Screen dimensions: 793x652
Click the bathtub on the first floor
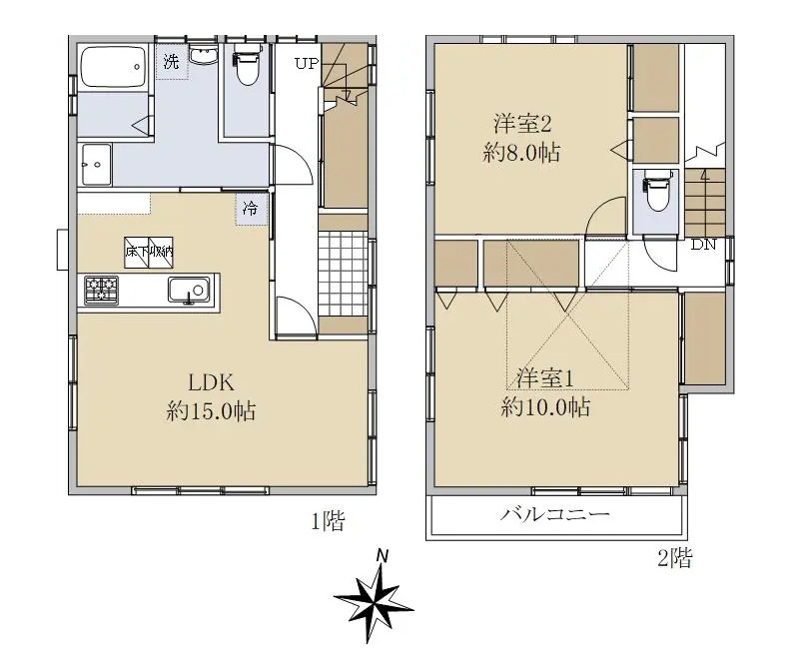[x=113, y=67]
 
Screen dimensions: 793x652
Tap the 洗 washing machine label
[x=171, y=62]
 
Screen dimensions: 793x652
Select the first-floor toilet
[x=247, y=64]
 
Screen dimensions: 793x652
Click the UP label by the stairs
[x=307, y=63]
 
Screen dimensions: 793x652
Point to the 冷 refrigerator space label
[x=250, y=209]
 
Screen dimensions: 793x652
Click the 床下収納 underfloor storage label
[x=149, y=252]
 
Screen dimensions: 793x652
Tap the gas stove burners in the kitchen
[x=101, y=291]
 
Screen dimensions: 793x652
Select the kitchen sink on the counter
[x=189, y=291]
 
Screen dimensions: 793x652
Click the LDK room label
[x=211, y=382]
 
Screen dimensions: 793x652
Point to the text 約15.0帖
[x=211, y=411]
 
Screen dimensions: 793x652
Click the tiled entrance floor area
[x=343, y=274]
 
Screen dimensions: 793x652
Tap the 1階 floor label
[x=328, y=520]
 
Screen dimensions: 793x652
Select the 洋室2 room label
[x=522, y=124]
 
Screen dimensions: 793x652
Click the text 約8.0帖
[x=521, y=152]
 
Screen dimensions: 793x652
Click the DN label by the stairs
[x=703, y=245]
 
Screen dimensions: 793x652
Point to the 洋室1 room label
[x=544, y=378]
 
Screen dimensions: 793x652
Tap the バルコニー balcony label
[x=554, y=515]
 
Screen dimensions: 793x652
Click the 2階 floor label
[x=675, y=558]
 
